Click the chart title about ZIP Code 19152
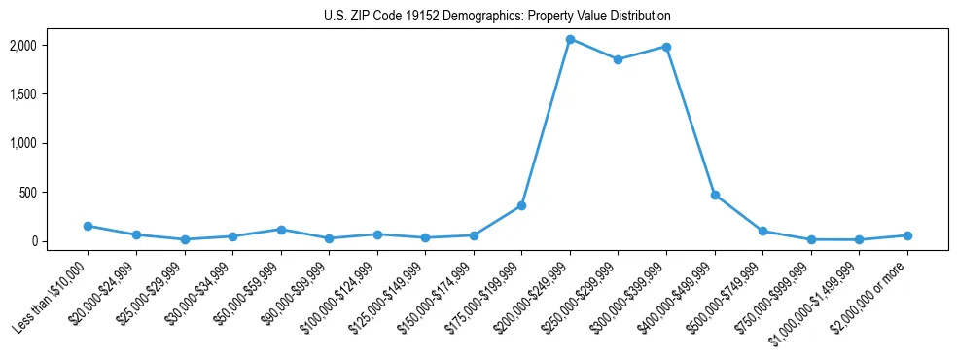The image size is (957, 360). (497, 17)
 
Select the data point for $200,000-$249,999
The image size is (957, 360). (570, 39)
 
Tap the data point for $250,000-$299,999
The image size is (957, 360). (618, 59)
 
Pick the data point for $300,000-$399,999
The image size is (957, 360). (666, 47)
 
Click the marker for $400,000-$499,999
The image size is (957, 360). (715, 195)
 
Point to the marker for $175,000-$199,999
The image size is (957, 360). (521, 205)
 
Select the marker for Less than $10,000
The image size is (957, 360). (88, 226)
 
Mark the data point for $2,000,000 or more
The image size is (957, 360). (907, 235)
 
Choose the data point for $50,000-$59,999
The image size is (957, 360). (280, 230)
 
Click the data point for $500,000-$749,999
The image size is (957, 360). (762, 231)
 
